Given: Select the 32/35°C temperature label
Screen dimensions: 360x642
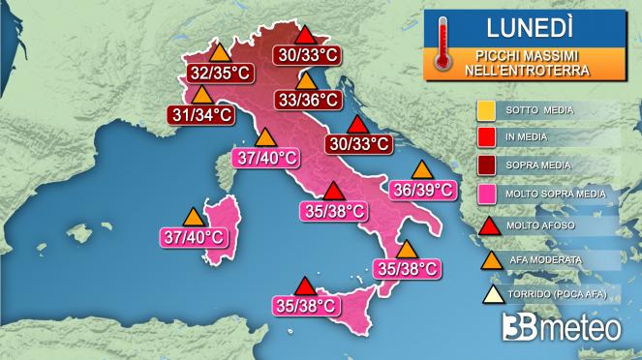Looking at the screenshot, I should [218, 73].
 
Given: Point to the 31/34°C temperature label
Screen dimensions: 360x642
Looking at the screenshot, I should [201, 115].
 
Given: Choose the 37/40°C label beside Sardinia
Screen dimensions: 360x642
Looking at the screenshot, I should [193, 235].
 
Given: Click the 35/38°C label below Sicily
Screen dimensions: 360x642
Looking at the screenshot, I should [306, 305].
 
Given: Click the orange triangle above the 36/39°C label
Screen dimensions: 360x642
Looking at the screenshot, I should [422, 169].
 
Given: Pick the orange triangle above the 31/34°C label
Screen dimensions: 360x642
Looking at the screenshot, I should [202, 95].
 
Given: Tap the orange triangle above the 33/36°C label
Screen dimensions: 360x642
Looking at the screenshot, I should [306, 80].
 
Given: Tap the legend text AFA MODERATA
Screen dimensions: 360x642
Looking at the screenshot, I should [548, 260].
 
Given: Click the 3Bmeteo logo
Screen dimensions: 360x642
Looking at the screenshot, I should [562, 329].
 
